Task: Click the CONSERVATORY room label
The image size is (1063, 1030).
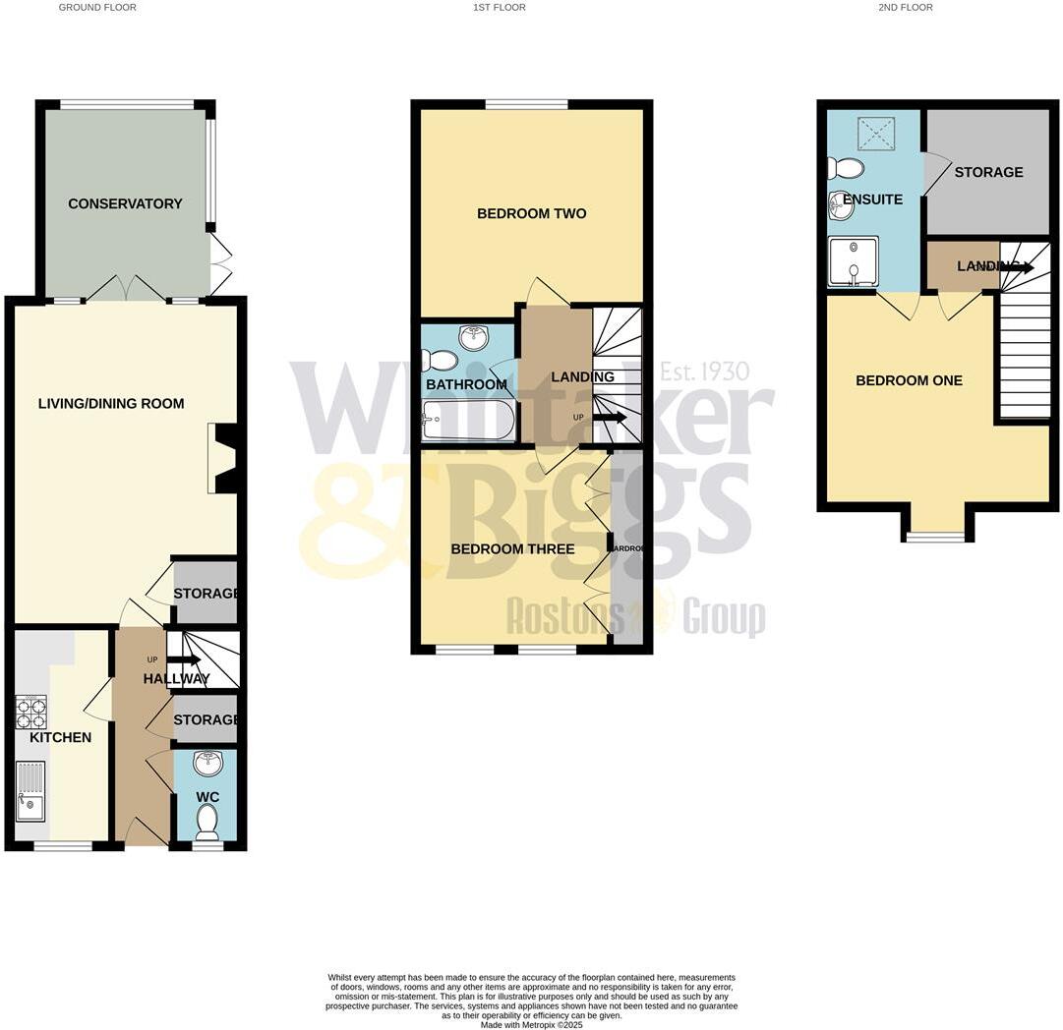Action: click(125, 203)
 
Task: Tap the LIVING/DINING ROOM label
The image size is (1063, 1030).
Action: click(111, 403)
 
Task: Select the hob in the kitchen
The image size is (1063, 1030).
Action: click(31, 713)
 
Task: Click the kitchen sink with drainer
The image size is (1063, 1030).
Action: click(30, 791)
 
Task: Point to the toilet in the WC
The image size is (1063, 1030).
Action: click(207, 818)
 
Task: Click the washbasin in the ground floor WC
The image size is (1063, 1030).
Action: click(207, 763)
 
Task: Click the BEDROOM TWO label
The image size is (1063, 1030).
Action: click(531, 213)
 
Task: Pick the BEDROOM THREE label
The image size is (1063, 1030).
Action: click(512, 548)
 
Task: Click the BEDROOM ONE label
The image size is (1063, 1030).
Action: click(909, 380)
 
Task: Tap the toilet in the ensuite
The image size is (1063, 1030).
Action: click(846, 169)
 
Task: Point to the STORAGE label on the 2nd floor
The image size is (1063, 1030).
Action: click(988, 172)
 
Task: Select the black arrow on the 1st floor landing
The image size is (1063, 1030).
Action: click(610, 417)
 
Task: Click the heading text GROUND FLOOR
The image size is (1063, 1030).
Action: click(97, 7)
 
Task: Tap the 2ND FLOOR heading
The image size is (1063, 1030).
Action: click(906, 7)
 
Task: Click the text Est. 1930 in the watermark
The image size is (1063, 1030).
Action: click(704, 372)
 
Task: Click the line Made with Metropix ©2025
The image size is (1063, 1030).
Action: click(531, 1025)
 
